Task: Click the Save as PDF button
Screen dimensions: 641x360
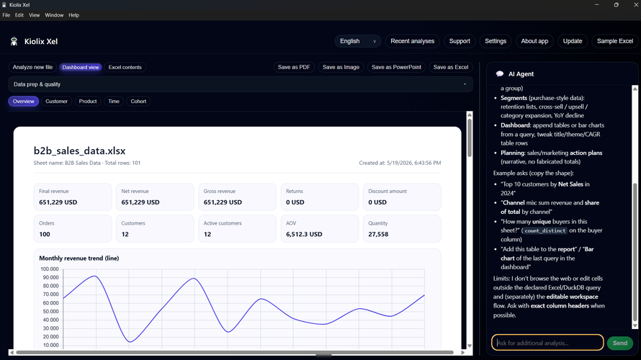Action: click(x=294, y=67)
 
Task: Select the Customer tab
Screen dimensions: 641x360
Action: click(x=56, y=102)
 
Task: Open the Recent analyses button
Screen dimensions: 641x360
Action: click(x=412, y=41)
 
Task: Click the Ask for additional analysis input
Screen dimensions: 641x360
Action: click(x=547, y=343)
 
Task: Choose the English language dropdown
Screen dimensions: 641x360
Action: click(x=358, y=41)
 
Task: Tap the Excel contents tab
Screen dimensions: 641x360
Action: click(x=125, y=67)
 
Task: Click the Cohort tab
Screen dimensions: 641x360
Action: click(x=138, y=102)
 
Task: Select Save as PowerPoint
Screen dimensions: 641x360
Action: click(x=396, y=67)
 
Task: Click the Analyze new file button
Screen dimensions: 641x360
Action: click(x=32, y=67)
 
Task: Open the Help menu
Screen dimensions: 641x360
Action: click(x=74, y=15)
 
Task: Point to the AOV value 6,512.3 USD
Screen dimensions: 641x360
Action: click(x=304, y=234)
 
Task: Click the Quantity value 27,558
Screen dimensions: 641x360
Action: click(x=378, y=234)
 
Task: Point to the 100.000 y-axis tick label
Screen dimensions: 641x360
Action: click(x=50, y=269)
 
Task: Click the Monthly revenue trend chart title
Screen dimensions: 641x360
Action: click(x=79, y=258)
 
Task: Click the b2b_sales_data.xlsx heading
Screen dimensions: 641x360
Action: click(x=79, y=150)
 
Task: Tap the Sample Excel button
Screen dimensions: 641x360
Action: click(x=615, y=41)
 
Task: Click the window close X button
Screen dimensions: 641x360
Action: click(x=636, y=5)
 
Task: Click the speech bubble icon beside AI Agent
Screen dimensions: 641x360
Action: click(x=500, y=74)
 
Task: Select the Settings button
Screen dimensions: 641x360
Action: click(x=496, y=41)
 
